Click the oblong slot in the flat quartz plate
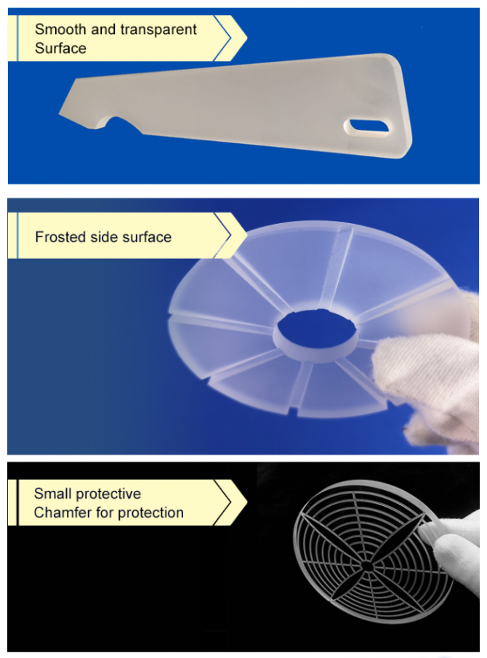[368, 127]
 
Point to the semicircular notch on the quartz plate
[117, 121]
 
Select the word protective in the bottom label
[108, 494]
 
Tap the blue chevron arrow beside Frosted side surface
[225, 236]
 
